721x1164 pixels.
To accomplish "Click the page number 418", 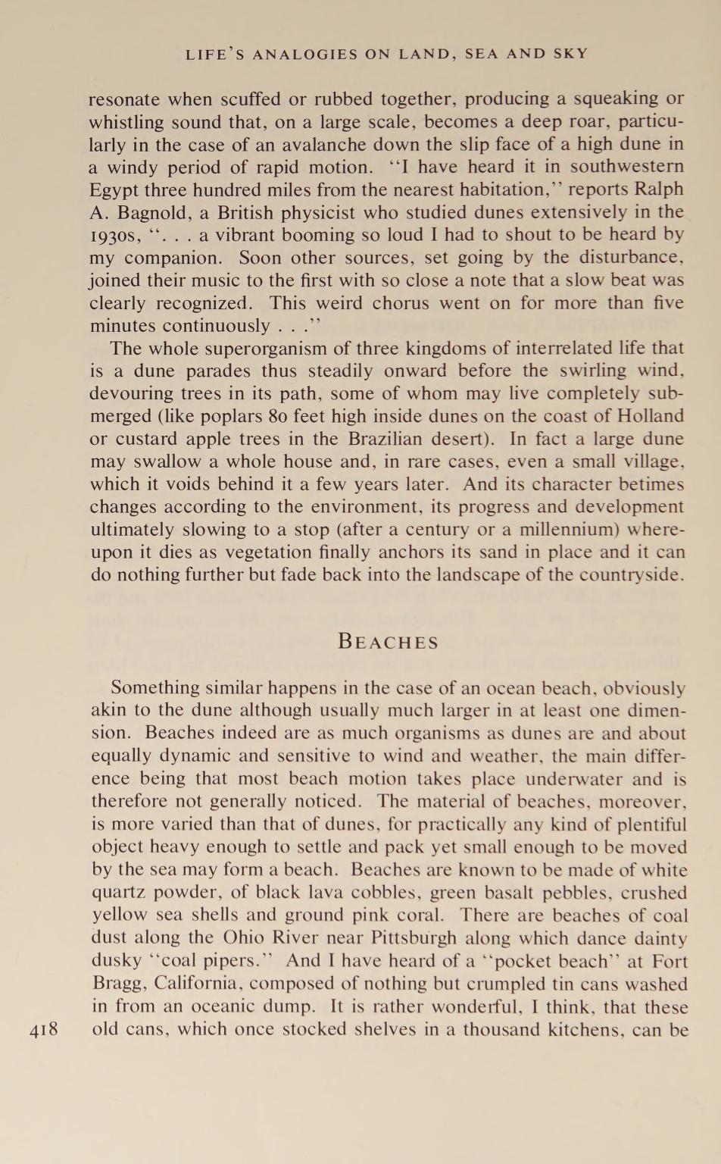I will [x=43, y=1030].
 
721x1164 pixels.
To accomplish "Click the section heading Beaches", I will [x=388, y=642].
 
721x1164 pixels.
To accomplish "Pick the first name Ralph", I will [x=657, y=189].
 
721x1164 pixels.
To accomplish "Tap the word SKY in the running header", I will [x=568, y=54].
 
